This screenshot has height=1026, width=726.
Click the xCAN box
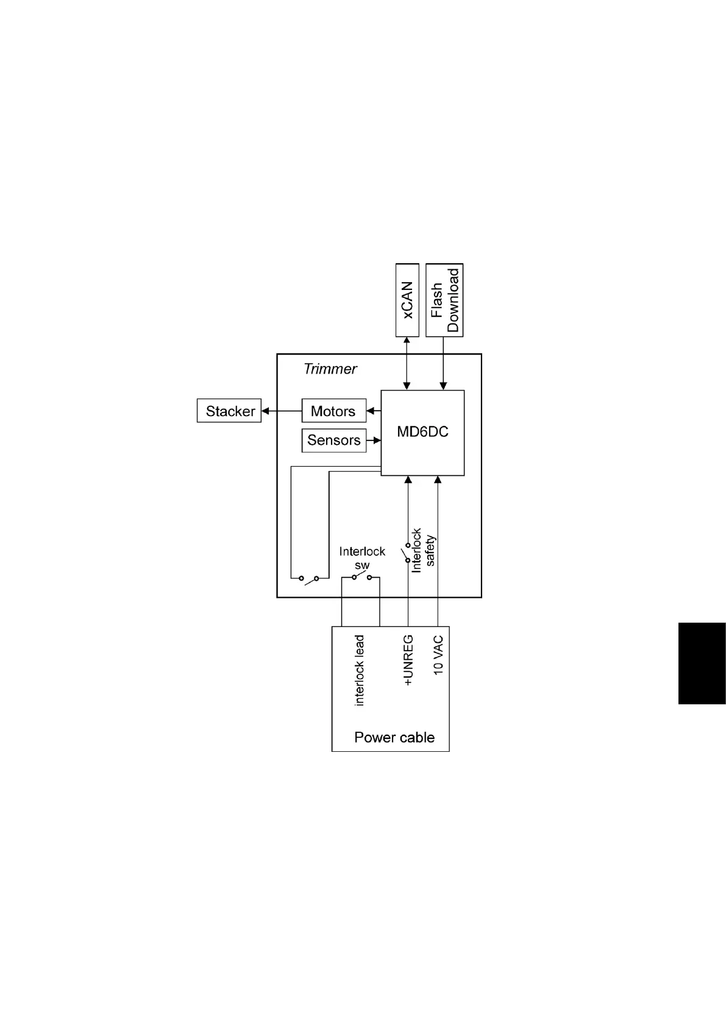coord(407,300)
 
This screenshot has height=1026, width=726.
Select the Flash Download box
coord(444,300)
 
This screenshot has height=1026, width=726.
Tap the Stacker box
coord(229,411)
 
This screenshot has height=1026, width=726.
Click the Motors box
coord(333,411)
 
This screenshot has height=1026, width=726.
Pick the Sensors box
coord(333,440)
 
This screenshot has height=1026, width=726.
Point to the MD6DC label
coord(422,432)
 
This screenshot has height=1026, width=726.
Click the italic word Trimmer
coord(330,369)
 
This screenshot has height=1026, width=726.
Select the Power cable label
coord(394,737)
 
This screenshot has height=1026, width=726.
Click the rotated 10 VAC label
coord(438,656)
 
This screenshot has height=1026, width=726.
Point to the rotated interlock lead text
coord(360,670)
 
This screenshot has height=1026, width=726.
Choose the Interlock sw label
coord(362,558)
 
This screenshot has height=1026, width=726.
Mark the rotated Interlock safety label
coord(424,550)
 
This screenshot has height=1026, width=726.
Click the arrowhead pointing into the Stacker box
coord(266,411)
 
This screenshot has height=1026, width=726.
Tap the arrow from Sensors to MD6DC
coord(374,440)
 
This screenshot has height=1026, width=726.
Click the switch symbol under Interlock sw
coord(361,576)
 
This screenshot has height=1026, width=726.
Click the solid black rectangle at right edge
coord(702,663)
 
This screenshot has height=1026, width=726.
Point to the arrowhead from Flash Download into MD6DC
coord(443,386)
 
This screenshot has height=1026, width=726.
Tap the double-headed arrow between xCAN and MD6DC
coord(407,363)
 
